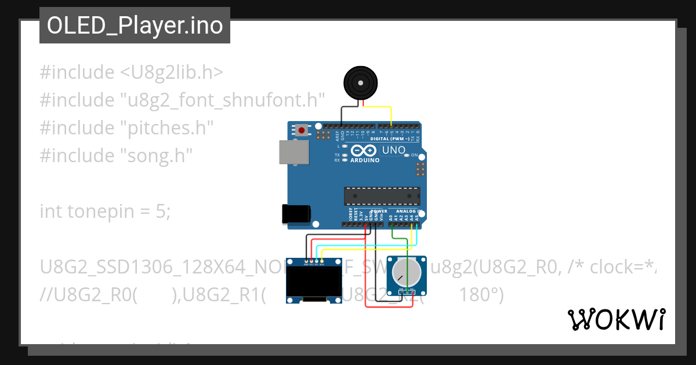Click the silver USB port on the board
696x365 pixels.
pos(293,151)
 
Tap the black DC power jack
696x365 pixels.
pos(295,214)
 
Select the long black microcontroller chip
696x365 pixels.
pos(382,196)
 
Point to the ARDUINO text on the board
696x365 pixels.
pos(365,160)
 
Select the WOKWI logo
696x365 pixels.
pos(616,319)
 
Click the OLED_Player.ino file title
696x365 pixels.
pos(135,26)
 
